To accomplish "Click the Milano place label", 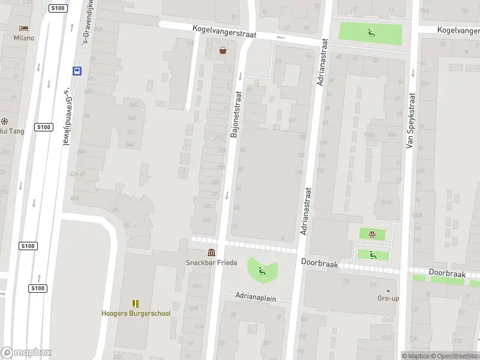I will [x=24, y=38].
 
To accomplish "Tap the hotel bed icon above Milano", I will [x=24, y=28].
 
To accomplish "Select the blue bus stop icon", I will [x=77, y=70].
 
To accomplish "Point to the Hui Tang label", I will [x=11, y=131].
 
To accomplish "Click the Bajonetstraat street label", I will [x=236, y=114].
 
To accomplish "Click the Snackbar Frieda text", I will [x=211, y=263].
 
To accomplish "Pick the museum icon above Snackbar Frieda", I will [x=211, y=253].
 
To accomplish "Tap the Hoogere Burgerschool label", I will [x=136, y=313].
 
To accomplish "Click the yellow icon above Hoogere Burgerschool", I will [x=136, y=304].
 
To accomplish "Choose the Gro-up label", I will [x=388, y=298].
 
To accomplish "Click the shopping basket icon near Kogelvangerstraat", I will [x=223, y=50].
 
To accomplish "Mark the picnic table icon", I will [x=373, y=234].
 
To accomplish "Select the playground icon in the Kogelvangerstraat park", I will [x=371, y=33].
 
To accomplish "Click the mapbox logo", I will [x=26, y=353].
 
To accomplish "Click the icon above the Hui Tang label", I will [x=4, y=121].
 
